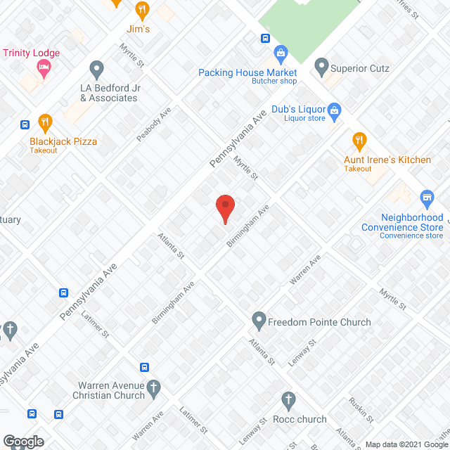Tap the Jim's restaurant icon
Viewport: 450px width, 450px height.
pyautogui.click(x=143, y=10)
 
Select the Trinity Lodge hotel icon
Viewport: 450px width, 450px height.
pyautogui.click(x=44, y=67)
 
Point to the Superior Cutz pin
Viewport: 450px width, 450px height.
pyautogui.click(x=322, y=67)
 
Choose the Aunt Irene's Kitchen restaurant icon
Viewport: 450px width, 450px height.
pyautogui.click(x=359, y=141)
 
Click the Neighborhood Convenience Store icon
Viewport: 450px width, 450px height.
pyautogui.click(x=426, y=197)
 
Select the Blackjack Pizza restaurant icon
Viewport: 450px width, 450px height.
pyautogui.click(x=46, y=122)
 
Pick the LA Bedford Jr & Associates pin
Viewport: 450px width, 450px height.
pyautogui.click(x=97, y=69)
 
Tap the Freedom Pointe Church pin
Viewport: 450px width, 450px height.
pyautogui.click(x=259, y=321)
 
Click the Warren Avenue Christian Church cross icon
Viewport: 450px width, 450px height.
pyautogui.click(x=154, y=386)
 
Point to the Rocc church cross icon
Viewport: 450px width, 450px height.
pyautogui.click(x=287, y=400)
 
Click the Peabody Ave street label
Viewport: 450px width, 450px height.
pyautogui.click(x=154, y=124)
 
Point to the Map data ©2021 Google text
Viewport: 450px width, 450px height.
pyautogui.click(x=404, y=444)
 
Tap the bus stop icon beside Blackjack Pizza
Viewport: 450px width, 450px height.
pyautogui.click(x=25, y=125)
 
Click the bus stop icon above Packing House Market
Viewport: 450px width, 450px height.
pyautogui.click(x=266, y=39)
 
